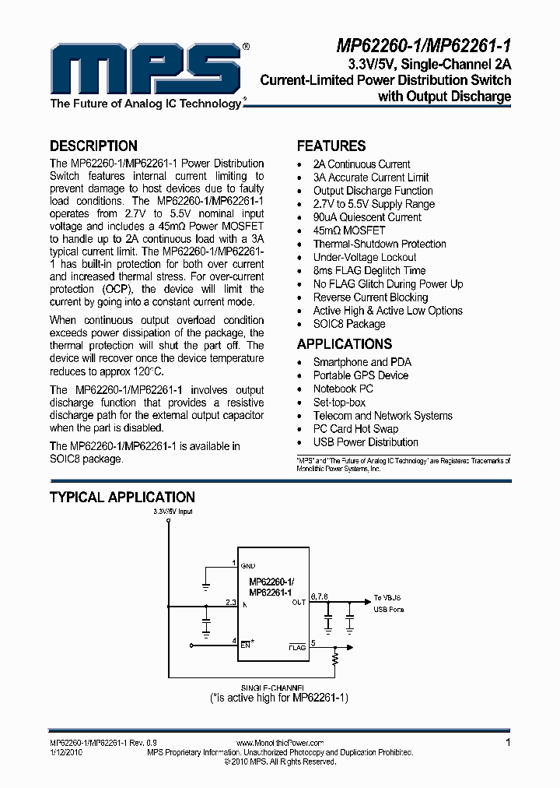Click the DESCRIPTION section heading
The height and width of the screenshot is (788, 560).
pyautogui.click(x=93, y=146)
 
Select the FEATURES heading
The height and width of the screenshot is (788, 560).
pyautogui.click(x=331, y=146)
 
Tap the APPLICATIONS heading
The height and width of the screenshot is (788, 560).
pyautogui.click(x=345, y=344)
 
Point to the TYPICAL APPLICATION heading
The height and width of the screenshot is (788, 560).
pyautogui.click(x=122, y=497)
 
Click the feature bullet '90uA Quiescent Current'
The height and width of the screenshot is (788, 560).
pyautogui.click(x=367, y=217)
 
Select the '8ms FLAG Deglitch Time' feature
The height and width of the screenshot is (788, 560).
pyautogui.click(x=369, y=270)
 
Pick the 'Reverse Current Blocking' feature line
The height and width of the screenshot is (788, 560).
pyautogui.click(x=370, y=297)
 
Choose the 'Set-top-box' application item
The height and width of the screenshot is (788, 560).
pyautogui.click(x=339, y=403)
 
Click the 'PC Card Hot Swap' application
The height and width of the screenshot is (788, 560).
pyautogui.click(x=355, y=429)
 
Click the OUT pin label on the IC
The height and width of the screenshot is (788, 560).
pyautogui.click(x=299, y=602)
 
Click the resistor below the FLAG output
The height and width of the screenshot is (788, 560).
pyautogui.click(x=336, y=660)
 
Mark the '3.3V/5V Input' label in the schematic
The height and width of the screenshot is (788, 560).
pyautogui.click(x=173, y=512)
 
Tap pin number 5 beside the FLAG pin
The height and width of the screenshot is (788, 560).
pyautogui.click(x=313, y=642)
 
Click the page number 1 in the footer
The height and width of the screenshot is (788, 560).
pyautogui.click(x=508, y=743)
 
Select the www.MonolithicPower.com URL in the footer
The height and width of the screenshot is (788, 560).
pyautogui.click(x=279, y=744)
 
